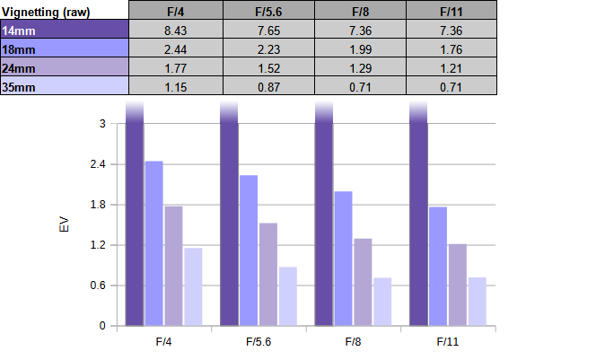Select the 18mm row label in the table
pos(64,48)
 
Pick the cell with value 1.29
pos(359,66)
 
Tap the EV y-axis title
pos(64,224)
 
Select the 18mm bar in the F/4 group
pos(153,243)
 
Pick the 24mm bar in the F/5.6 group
pos(267,274)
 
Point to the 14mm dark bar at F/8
pos(324,215)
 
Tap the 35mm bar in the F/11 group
pos(477,302)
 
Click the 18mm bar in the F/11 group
pos(437,266)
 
